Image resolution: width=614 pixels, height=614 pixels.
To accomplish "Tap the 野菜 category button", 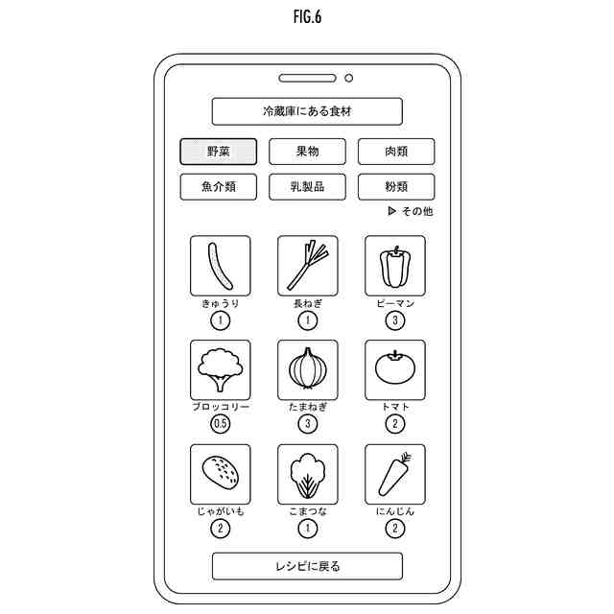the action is (x=219, y=152).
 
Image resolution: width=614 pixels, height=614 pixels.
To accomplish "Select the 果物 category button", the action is (x=307, y=152).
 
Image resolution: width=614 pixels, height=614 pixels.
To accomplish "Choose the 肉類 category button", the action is (x=396, y=152).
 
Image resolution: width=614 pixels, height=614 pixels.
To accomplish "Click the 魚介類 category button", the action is (x=219, y=186).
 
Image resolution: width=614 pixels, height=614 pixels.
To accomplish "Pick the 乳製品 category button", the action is (x=307, y=186).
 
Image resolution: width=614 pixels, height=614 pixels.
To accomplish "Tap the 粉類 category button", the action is (x=396, y=186).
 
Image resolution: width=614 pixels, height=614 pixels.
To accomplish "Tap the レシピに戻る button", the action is (x=307, y=566).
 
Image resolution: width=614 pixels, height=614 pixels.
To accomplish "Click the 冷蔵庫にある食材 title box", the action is (x=307, y=111).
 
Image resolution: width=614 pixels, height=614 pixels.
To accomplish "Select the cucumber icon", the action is (x=220, y=266).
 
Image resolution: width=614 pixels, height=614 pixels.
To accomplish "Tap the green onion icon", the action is (x=308, y=266).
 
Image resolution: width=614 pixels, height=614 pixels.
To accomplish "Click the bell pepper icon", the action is (x=395, y=266).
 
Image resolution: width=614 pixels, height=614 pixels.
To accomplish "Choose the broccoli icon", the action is (x=220, y=369).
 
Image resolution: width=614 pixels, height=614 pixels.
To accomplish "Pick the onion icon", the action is (x=308, y=369).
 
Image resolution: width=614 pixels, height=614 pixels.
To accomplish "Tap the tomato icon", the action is (x=395, y=369).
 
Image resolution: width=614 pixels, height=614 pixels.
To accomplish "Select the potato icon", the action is (x=220, y=473).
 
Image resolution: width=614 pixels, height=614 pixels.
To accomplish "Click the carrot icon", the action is (x=395, y=473).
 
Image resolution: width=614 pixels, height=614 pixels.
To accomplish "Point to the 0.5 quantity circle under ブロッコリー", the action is (x=221, y=424).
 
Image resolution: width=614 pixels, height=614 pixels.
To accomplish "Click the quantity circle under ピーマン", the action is (x=395, y=320).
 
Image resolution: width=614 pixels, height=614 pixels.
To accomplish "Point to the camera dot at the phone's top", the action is (x=348, y=78).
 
